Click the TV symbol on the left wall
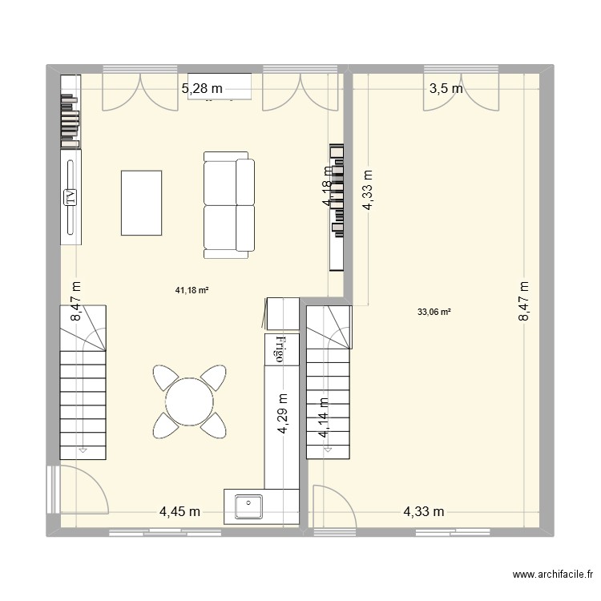(x=71, y=196)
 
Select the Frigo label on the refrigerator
(x=281, y=349)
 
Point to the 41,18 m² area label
(x=192, y=291)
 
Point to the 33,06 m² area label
(x=434, y=313)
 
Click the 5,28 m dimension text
(x=202, y=89)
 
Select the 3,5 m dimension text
(x=446, y=89)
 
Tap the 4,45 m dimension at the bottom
(x=179, y=511)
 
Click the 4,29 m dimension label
(x=283, y=413)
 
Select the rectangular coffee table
(x=142, y=203)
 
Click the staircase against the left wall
(x=83, y=382)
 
